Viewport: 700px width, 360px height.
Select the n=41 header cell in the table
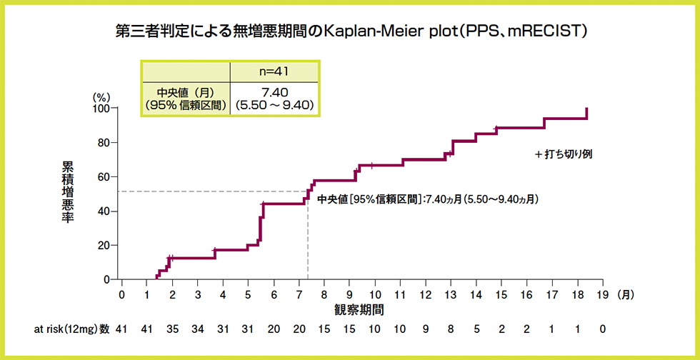[275, 71]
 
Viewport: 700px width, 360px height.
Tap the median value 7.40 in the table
[275, 91]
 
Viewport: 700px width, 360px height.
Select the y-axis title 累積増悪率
[67, 192]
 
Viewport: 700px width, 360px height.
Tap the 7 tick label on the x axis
[299, 294]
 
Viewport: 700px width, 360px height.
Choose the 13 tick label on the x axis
[450, 294]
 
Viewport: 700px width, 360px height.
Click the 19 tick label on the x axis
[602, 294]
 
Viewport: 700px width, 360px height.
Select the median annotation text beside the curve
[427, 199]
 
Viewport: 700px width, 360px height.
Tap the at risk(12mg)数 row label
[72, 329]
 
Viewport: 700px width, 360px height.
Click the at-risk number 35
[172, 329]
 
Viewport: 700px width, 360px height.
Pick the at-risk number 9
[425, 329]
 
